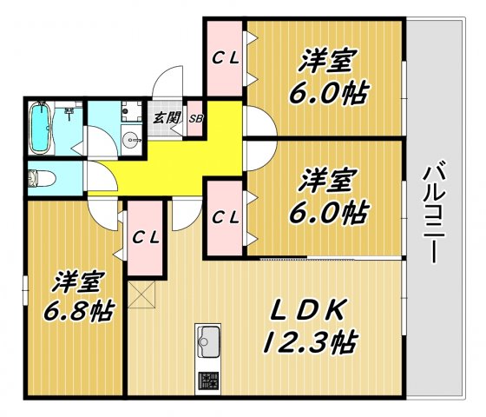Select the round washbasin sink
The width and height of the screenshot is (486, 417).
(x=131, y=139)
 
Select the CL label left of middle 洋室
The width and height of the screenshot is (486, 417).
(x=226, y=215)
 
